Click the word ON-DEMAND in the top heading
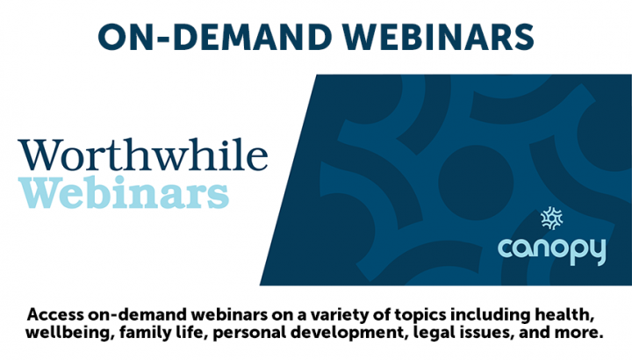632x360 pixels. [214, 37]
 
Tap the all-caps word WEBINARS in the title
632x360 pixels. [439, 37]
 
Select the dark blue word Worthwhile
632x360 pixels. [143, 155]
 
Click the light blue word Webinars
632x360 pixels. [124, 192]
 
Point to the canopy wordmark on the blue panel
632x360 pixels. [552, 251]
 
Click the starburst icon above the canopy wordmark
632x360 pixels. [551, 219]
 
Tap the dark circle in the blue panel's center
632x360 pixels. [476, 183]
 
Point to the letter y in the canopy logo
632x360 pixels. [597, 252]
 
